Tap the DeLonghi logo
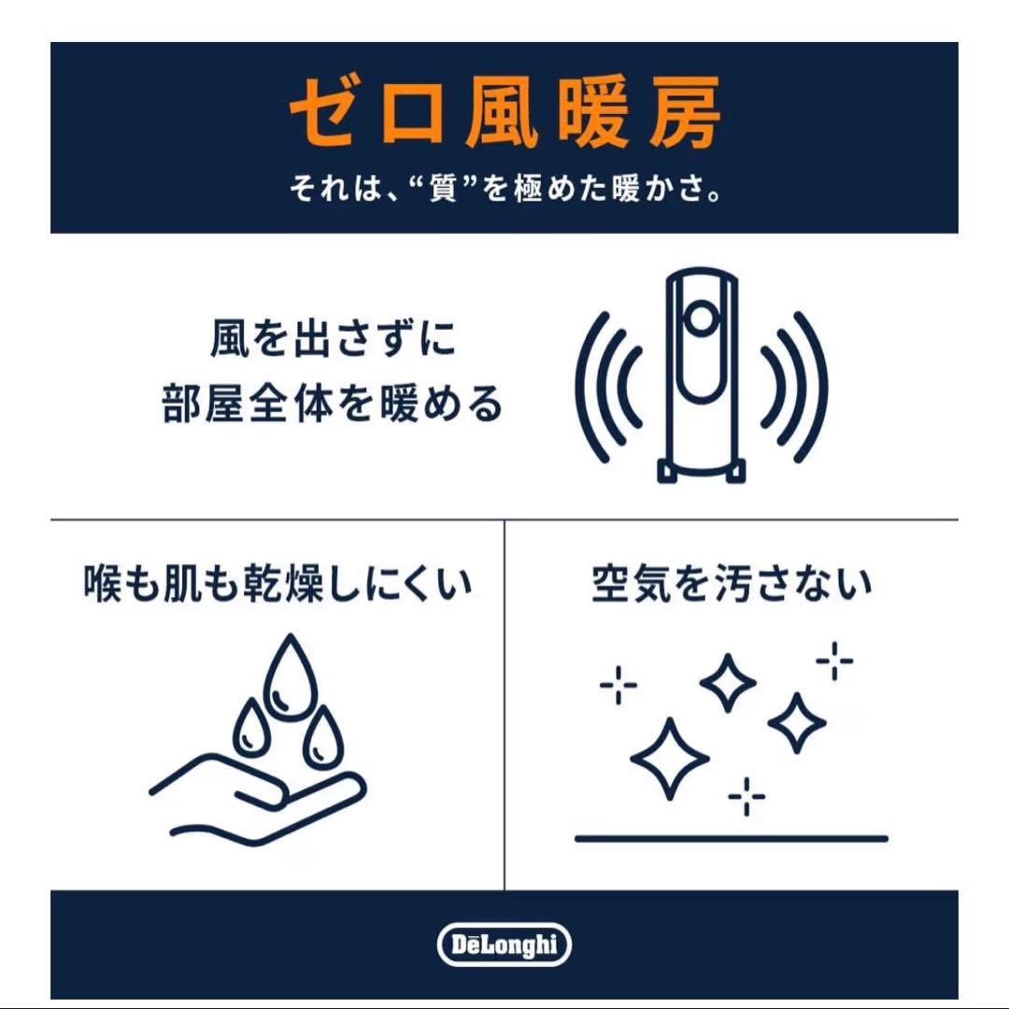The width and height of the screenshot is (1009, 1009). click(x=504, y=945)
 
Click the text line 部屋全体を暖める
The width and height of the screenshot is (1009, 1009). click(x=332, y=404)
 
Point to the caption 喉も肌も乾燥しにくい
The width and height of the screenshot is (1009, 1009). click(x=278, y=584)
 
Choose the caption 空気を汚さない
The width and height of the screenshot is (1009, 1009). click(x=732, y=584)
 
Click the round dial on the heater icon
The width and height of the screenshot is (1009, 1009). click(x=701, y=319)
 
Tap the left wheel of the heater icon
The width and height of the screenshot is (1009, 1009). click(x=667, y=471)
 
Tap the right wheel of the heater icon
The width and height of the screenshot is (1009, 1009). click(x=735, y=471)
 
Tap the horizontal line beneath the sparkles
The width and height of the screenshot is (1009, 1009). click(x=731, y=838)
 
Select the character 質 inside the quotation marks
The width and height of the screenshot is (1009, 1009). click(x=444, y=189)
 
